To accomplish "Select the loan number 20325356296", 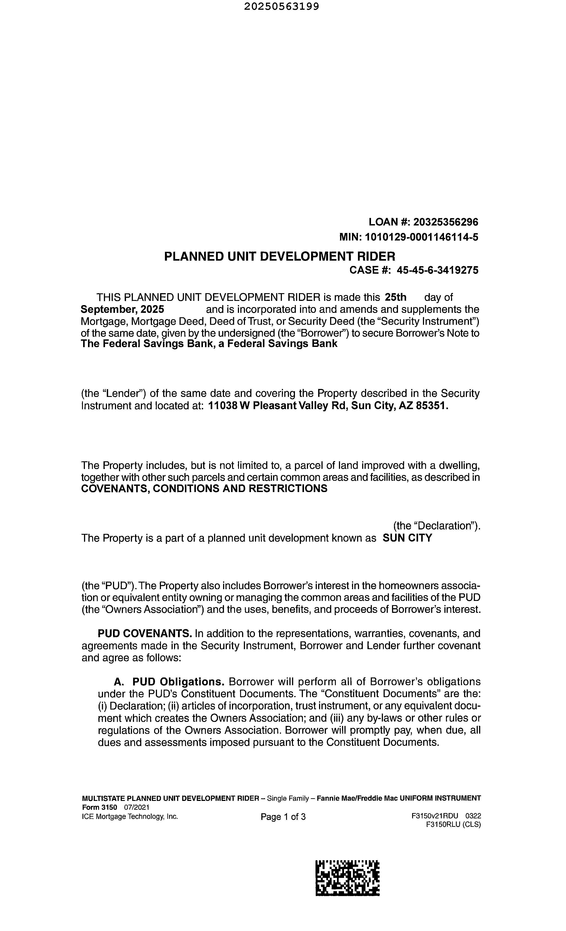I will click(446, 222).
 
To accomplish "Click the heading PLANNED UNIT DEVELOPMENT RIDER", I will click(279, 257).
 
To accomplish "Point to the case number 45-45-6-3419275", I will click(437, 270).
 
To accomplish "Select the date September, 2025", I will click(122, 310).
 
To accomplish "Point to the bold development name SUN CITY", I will click(407, 538).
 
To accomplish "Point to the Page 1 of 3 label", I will click(283, 817).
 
